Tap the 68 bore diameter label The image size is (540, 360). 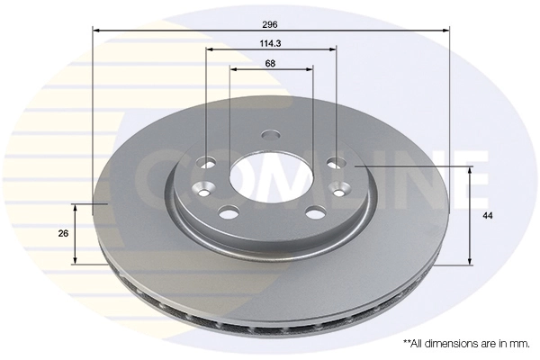[271, 62]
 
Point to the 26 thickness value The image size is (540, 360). [63, 233]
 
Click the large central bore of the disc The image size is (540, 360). [271, 179]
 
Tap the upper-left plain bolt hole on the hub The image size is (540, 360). [207, 163]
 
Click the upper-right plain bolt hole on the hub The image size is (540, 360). [337, 162]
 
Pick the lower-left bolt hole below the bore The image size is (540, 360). [229, 212]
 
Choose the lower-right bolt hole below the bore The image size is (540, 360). [315, 212]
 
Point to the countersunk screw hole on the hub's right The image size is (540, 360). [341, 188]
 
